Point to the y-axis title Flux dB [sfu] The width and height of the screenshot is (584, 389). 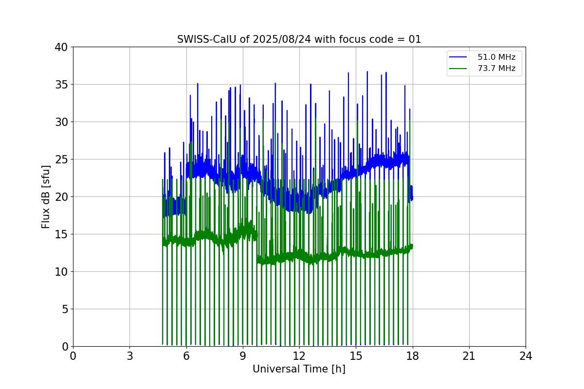pyautogui.click(x=46, y=196)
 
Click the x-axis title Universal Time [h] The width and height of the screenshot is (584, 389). pyautogui.click(x=299, y=369)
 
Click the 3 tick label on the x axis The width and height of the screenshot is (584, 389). pyautogui.click(x=129, y=356)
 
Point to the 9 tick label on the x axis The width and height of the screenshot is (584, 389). pyautogui.click(x=243, y=356)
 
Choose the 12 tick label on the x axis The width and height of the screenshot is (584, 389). pyautogui.click(x=299, y=356)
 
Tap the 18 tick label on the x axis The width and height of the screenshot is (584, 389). pyautogui.click(x=413, y=356)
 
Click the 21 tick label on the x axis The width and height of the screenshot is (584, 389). pyautogui.click(x=469, y=356)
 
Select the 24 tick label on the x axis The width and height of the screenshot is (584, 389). pyautogui.click(x=526, y=356)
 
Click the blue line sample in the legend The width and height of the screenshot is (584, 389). pyautogui.click(x=458, y=57)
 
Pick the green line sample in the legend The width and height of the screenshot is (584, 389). pyautogui.click(x=458, y=69)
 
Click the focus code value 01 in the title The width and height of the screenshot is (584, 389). pyautogui.click(x=415, y=39)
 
